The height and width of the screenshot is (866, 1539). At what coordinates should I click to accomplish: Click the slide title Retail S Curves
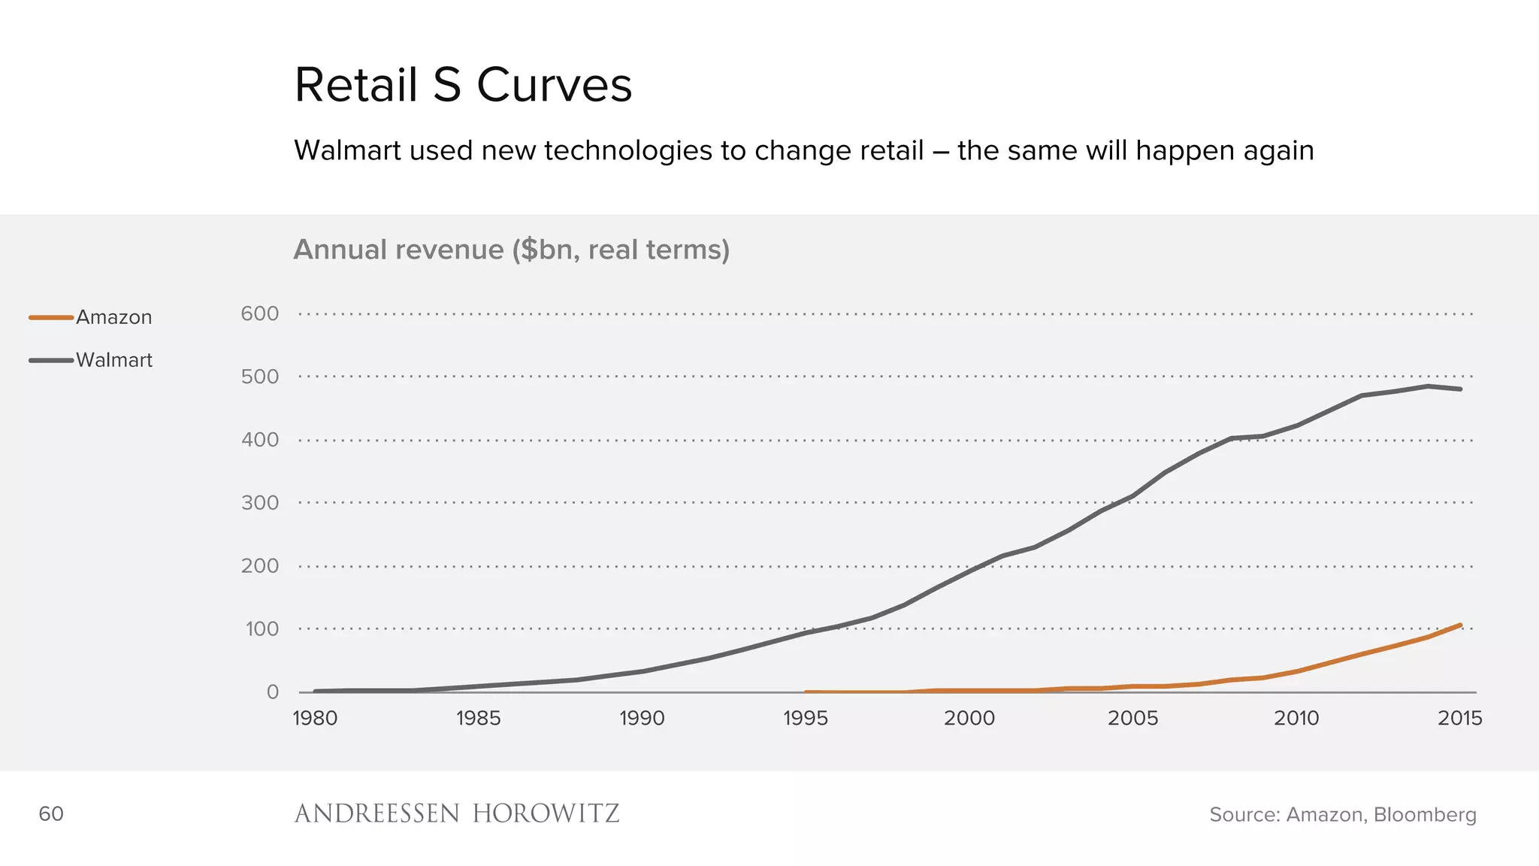[x=463, y=85]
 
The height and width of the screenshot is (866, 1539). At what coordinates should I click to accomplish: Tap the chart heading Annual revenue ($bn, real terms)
[x=511, y=250]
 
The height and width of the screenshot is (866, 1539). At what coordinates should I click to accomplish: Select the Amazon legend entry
[x=113, y=317]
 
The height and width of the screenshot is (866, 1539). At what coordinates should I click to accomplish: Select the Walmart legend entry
[x=113, y=360]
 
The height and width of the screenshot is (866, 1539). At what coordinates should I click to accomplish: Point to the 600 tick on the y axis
[x=260, y=313]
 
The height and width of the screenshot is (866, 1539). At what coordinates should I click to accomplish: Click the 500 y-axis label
[x=260, y=377]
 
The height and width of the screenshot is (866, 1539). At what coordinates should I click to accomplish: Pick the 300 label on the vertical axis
[x=260, y=503]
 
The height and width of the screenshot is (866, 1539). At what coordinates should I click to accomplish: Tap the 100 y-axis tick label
[x=262, y=629]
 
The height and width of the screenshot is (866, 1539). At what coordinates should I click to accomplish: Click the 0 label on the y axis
[x=273, y=692]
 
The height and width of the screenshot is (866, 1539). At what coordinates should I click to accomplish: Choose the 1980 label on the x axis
[x=315, y=719]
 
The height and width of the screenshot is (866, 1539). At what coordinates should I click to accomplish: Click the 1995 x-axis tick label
[x=806, y=719]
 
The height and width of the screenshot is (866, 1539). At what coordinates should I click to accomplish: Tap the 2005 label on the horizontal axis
[x=1132, y=719]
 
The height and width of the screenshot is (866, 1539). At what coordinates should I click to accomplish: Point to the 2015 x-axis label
[x=1459, y=719]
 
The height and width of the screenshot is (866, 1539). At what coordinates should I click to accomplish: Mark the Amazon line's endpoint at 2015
[x=1460, y=625]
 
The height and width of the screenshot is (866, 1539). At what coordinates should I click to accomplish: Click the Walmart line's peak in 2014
[x=1428, y=386]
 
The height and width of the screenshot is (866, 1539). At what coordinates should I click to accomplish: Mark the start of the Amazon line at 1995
[x=806, y=692]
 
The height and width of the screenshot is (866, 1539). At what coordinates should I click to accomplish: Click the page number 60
[x=51, y=814]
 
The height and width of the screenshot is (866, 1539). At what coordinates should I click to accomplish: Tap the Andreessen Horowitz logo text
[x=457, y=814]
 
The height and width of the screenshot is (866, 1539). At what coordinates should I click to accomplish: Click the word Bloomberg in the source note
[x=1425, y=815]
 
